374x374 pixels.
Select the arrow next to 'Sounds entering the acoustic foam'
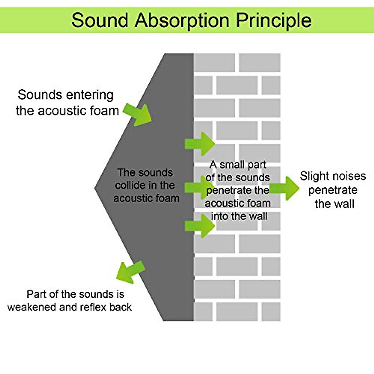coord(138,114)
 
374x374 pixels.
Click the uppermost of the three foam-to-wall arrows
coord(200,144)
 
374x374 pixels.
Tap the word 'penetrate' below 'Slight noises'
coord(333,190)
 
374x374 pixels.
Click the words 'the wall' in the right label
coord(334,204)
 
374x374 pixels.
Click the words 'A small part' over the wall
coord(238,165)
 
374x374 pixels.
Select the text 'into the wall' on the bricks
coord(239,216)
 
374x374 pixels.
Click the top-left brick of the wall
coord(214,62)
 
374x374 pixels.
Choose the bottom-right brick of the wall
coord(271,311)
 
